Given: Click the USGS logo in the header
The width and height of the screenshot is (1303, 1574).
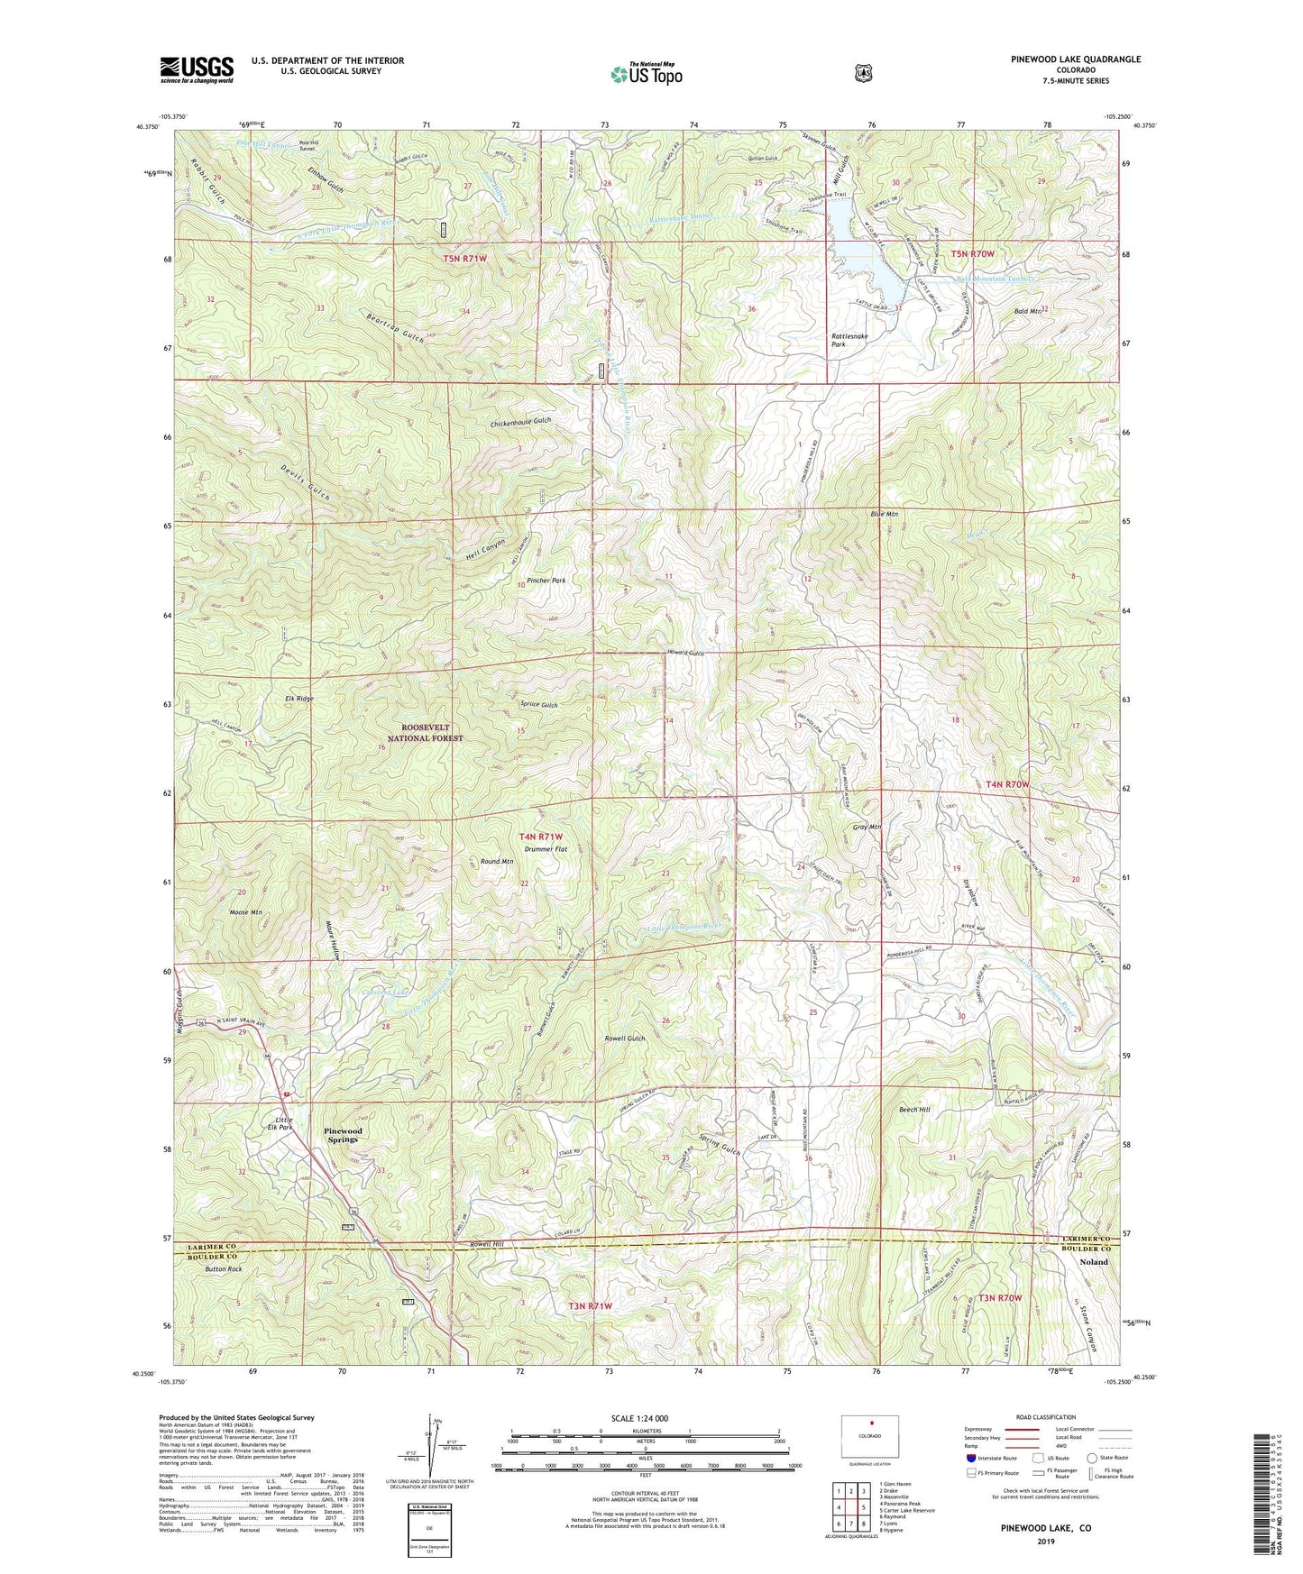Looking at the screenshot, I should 197,69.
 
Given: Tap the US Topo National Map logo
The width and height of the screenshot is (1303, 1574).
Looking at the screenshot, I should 645,73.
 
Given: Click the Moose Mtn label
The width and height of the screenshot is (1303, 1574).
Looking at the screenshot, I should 245,912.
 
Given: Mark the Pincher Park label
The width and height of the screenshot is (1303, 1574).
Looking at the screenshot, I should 546,581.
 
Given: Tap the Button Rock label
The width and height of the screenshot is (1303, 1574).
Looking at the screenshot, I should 223,1269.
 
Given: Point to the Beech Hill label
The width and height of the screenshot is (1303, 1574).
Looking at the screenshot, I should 913,1110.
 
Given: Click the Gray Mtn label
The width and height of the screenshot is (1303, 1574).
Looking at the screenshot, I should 866,827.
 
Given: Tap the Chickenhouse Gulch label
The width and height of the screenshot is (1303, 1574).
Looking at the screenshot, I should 520,422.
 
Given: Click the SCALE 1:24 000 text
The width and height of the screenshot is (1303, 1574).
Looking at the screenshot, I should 639,1418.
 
